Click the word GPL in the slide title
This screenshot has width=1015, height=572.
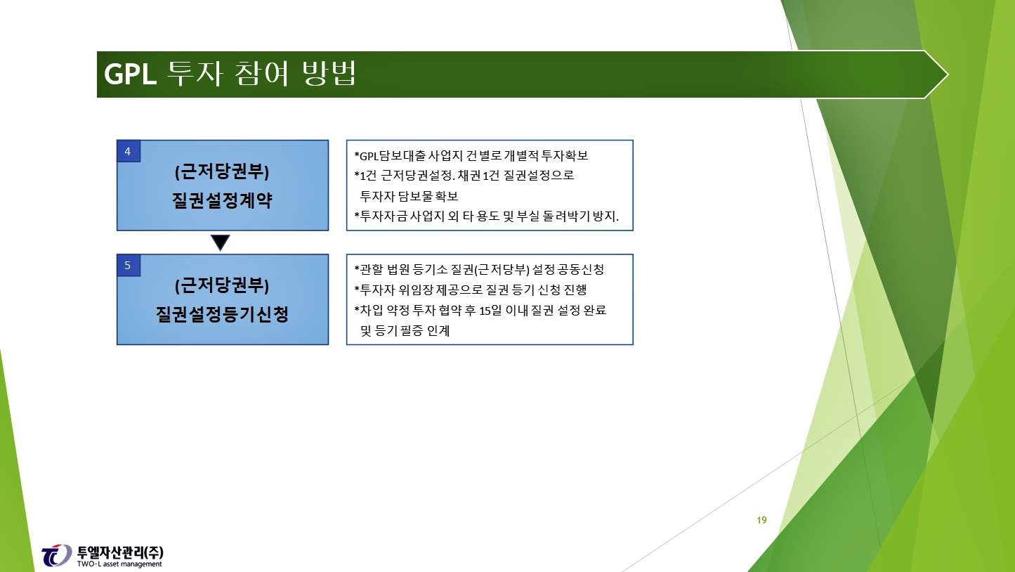pyautogui.click(x=130, y=74)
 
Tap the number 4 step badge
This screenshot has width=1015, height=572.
pyautogui.click(x=129, y=151)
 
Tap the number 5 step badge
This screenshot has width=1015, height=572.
pyautogui.click(x=129, y=265)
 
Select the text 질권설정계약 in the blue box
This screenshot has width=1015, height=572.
pyautogui.click(x=222, y=200)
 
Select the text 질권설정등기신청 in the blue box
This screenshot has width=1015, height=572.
pyautogui.click(x=222, y=314)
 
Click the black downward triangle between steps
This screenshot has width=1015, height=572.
pyautogui.click(x=221, y=242)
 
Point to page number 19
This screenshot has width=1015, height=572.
pyautogui.click(x=761, y=520)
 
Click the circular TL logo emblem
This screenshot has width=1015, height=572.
pyautogui.click(x=56, y=555)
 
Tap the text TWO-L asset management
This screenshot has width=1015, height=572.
pyautogui.click(x=119, y=564)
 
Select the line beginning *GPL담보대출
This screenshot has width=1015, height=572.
pyautogui.click(x=471, y=155)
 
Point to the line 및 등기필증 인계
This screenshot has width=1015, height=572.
pyautogui.click(x=405, y=331)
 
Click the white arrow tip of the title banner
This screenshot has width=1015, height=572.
pyautogui.click(x=937, y=74)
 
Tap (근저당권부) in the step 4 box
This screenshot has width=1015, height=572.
pyautogui.click(x=222, y=172)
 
